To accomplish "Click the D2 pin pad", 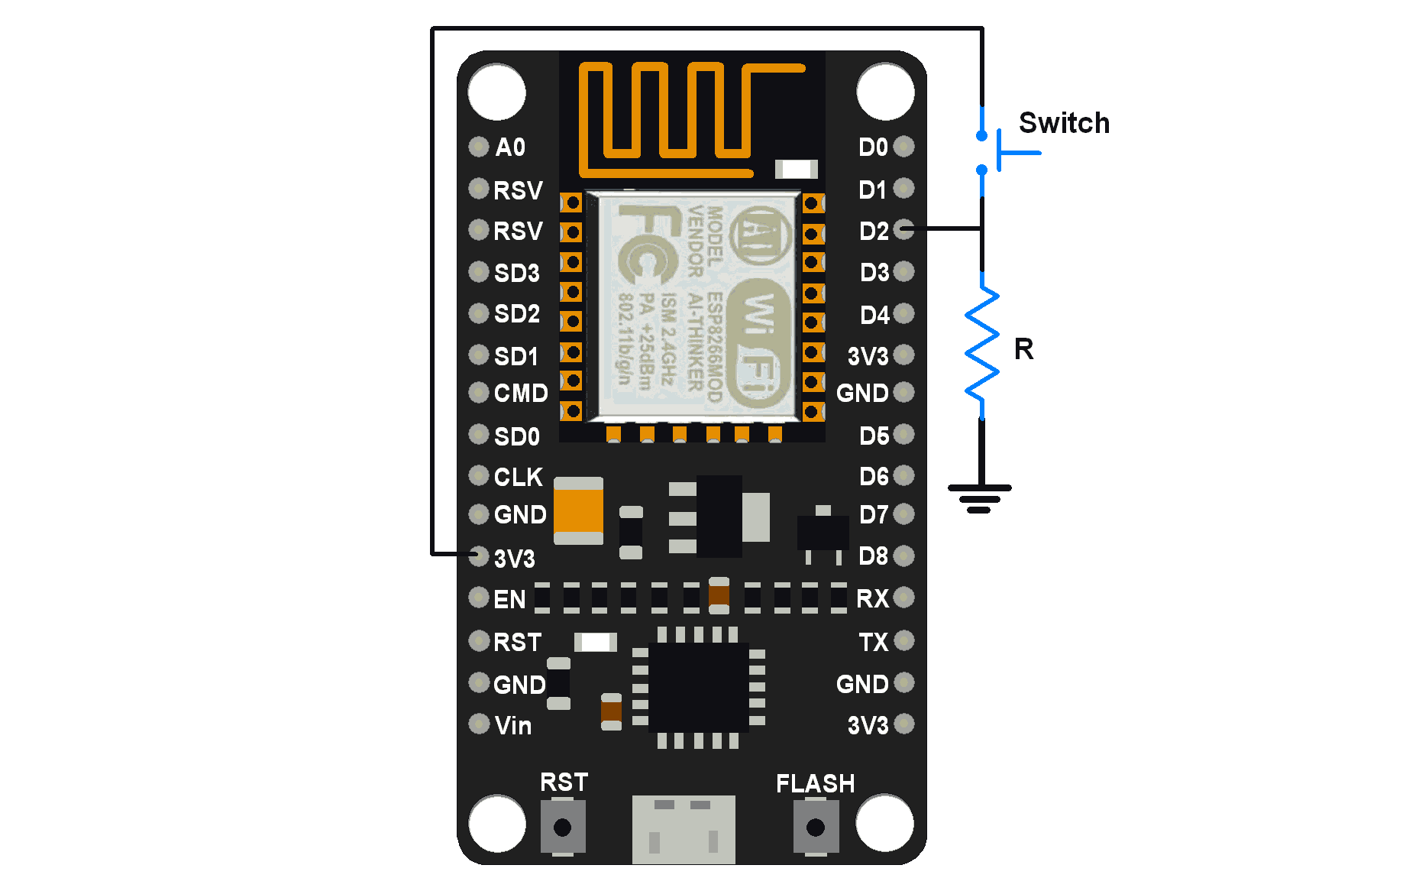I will coord(903,229).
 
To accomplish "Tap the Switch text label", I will coord(1064,123).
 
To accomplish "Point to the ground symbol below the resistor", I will coord(979,497).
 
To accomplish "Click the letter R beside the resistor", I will coord(1023,349).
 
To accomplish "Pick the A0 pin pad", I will coord(479,146).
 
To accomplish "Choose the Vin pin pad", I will coord(479,723).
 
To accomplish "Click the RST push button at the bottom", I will coord(563,827).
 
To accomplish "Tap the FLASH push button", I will coord(816,827).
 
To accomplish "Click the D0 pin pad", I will coord(903,146).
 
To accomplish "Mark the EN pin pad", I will coord(479,597).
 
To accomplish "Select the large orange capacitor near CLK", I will coord(578,510).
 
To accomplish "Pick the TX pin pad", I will coord(903,640).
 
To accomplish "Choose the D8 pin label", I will coord(873,556).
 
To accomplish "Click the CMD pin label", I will coord(521,393).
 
